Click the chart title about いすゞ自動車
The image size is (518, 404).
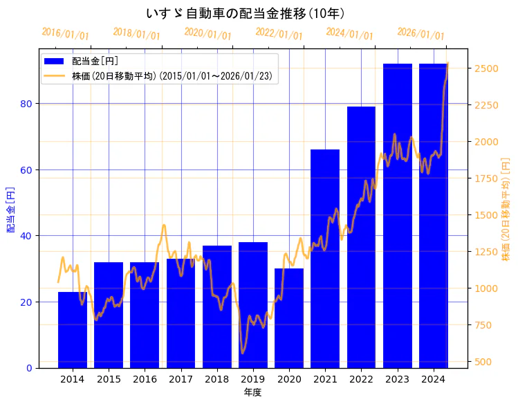tap(246, 14)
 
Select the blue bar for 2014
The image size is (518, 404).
tap(73, 330)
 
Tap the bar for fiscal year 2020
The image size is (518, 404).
tap(289, 318)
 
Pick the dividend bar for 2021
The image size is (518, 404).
tap(325, 259)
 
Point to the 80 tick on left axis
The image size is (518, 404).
tap(28, 104)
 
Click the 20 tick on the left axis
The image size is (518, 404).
tap(28, 302)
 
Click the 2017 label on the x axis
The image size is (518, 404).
tap(181, 379)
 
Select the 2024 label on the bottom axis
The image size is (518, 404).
tap(433, 379)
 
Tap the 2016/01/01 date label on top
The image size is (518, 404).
tap(65, 34)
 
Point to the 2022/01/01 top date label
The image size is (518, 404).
tap(279, 34)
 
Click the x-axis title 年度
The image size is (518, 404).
tap(252, 392)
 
